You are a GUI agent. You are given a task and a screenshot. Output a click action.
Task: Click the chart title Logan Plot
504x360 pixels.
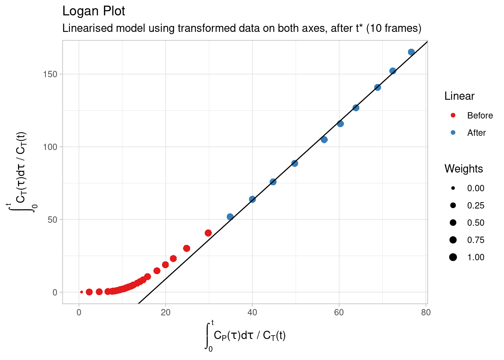click(x=94, y=11)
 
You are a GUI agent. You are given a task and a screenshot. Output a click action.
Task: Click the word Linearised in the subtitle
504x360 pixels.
click(x=84, y=28)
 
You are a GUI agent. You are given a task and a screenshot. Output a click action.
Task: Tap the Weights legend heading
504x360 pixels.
click(x=463, y=169)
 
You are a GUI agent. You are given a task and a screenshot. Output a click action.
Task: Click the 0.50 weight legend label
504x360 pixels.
click(x=475, y=223)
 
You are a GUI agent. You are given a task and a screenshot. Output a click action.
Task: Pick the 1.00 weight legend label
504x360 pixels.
click(x=475, y=257)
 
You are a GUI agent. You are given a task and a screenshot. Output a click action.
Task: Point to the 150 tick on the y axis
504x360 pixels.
click(x=50, y=74)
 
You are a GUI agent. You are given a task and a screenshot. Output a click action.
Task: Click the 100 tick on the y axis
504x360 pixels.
click(x=50, y=147)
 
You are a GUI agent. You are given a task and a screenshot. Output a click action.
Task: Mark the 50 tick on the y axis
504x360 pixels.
click(x=52, y=219)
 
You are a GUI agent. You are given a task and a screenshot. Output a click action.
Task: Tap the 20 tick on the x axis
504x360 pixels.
click(x=165, y=312)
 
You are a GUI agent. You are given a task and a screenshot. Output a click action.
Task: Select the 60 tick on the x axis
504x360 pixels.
click(x=339, y=312)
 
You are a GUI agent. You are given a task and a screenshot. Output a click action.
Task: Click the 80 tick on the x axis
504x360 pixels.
click(x=426, y=312)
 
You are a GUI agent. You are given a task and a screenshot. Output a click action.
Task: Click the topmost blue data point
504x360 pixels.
click(x=411, y=52)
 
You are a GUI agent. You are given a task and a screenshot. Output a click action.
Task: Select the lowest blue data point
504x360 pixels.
click(x=230, y=217)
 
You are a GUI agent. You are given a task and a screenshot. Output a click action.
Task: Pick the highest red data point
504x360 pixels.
click(x=208, y=233)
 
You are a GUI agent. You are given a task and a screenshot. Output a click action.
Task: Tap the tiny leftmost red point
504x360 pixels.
click(x=82, y=292)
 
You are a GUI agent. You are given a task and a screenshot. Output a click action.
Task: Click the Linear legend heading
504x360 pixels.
click(x=459, y=96)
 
